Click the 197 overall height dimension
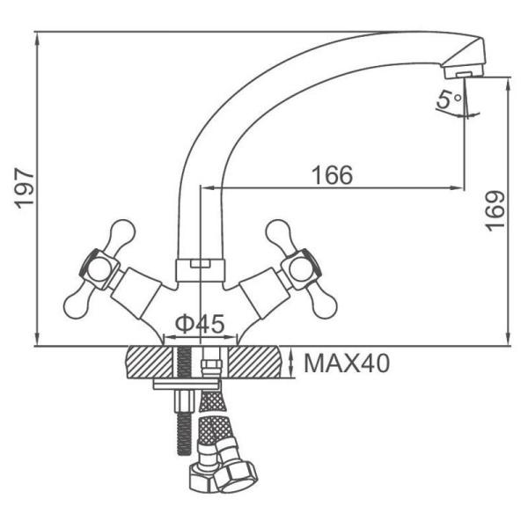pyautogui.click(x=25, y=188)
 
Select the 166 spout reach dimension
pyautogui.click(x=333, y=175)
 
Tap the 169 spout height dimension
pyautogui.click(x=495, y=211)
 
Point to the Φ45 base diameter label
pyautogui.click(x=200, y=324)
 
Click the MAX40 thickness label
pyautogui.click(x=347, y=363)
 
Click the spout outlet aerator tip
pyautogui.click(x=464, y=72)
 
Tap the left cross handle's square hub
pyautogui.click(x=99, y=269)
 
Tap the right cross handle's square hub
pyautogui.click(x=301, y=269)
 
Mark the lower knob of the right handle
pyautogui.click(x=323, y=304)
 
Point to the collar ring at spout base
pyautogui.click(x=201, y=270)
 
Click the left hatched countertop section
pyautogui.click(x=150, y=363)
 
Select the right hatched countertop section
pyautogui.click(x=255, y=363)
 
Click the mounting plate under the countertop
pyautogui.click(x=187, y=385)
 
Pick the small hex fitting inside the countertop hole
pyautogui.click(x=211, y=365)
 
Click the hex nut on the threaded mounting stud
pyautogui.click(x=185, y=400)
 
